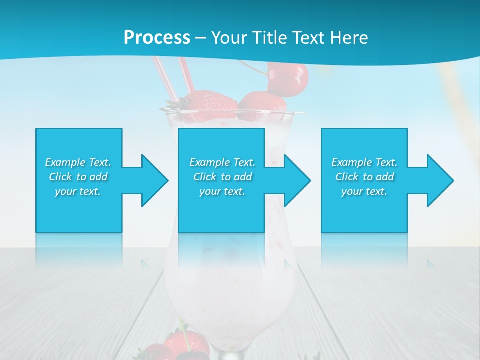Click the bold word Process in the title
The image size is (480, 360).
coord(157,38)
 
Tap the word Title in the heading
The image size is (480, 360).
coord(270,38)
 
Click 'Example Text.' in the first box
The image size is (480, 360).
coord(78,162)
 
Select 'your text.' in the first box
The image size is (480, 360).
coord(78,191)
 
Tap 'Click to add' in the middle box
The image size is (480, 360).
coord(222,177)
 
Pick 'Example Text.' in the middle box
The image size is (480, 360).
coord(222,162)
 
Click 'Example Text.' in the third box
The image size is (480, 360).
coord(364,162)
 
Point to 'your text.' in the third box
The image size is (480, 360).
coord(364,191)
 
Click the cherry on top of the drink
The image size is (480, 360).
coord(288,77)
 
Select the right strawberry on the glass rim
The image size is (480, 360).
coord(262,105)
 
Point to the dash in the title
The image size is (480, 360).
coord(201,38)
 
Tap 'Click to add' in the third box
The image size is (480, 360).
coord(364,177)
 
